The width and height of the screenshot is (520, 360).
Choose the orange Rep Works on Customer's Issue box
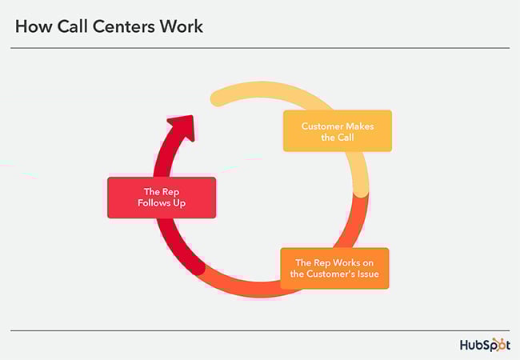click(x=334, y=268)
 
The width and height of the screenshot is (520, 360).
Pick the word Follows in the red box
click(x=154, y=203)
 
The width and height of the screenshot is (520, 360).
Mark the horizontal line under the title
click(x=260, y=48)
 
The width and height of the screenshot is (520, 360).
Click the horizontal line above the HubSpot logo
click(x=260, y=330)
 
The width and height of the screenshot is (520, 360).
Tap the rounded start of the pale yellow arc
click(x=216, y=98)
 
